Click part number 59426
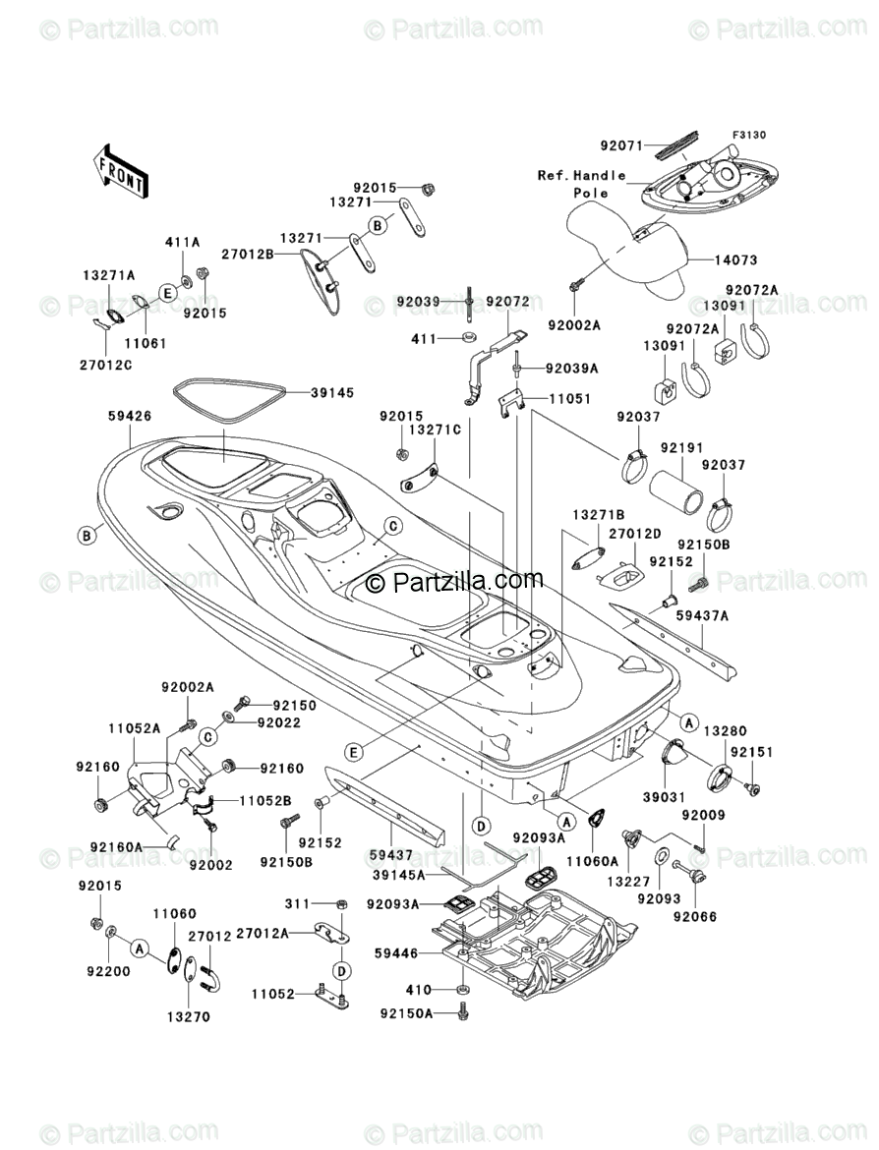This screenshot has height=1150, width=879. (x=129, y=417)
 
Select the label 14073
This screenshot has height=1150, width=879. (x=735, y=259)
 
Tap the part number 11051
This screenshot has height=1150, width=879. (x=571, y=399)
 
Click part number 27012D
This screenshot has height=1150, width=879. (x=635, y=534)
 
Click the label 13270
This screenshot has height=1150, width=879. (x=188, y=1016)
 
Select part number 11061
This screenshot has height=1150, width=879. (x=145, y=343)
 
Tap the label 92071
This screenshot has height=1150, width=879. (x=621, y=145)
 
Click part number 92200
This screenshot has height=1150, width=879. (x=108, y=972)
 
